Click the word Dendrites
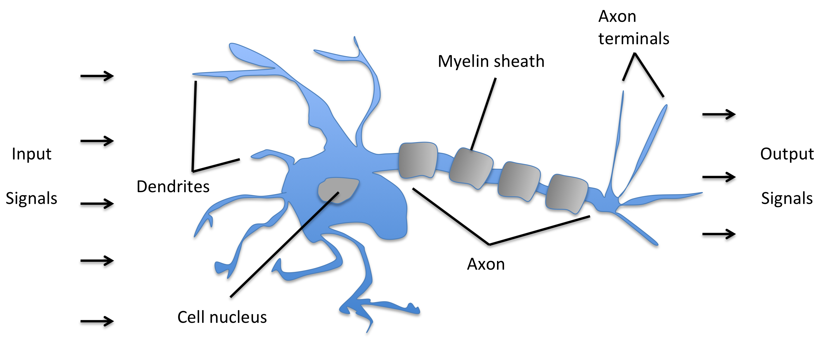(173, 187)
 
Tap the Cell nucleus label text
(222, 317)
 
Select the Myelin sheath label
(491, 61)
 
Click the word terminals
(634, 39)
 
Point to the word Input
(32, 154)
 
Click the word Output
(787, 154)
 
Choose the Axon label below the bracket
(486, 264)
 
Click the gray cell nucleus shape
(338, 190)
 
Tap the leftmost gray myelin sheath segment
(418, 160)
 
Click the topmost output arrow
(719, 114)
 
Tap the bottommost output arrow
(719, 234)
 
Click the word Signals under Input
(32, 198)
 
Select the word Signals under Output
(787, 198)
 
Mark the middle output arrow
(719, 177)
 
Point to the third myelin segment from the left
(519, 181)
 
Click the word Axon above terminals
(617, 17)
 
